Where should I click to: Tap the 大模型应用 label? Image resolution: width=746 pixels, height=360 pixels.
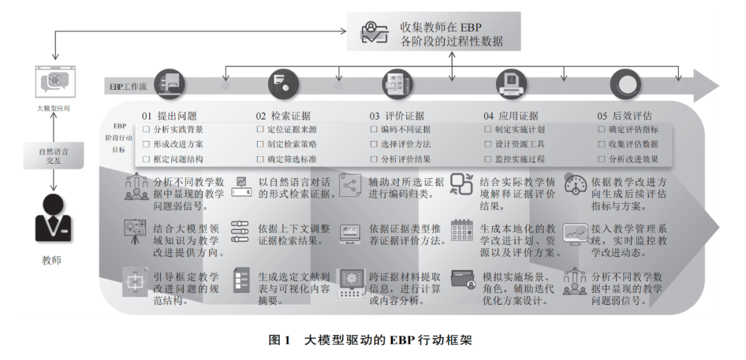point(53,108)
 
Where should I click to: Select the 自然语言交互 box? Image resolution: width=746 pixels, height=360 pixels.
point(53,155)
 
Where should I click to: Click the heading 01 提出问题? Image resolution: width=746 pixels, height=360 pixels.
point(169,116)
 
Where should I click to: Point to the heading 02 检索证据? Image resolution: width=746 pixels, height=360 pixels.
point(283,116)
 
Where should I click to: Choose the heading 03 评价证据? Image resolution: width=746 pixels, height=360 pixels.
point(396,116)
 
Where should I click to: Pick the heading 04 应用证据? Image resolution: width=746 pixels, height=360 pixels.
point(510,116)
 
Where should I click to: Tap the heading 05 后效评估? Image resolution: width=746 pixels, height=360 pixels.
point(624,116)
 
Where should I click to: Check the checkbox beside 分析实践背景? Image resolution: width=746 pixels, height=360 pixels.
point(146,130)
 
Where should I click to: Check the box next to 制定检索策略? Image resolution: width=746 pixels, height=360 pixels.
point(260,144)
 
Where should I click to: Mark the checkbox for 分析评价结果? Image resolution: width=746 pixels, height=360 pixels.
point(374,159)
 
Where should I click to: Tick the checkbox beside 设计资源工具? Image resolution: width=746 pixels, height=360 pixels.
point(488,144)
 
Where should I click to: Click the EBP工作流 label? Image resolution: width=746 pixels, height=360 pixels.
point(128,87)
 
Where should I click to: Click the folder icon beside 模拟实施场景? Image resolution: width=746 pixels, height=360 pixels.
point(461,280)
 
